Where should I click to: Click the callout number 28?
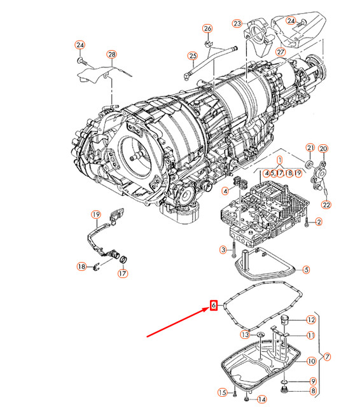pos(111,55)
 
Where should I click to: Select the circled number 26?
pos(207,29)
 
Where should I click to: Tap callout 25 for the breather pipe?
pos(193,56)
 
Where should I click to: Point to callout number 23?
pos(237,24)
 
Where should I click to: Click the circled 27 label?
pos(280,52)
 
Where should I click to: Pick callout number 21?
pos(310,148)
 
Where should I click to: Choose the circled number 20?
pos(323,149)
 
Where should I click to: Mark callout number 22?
pos(326,205)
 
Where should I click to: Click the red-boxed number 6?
pos(213,305)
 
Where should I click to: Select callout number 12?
pos(311,320)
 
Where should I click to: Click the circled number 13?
pos(246,335)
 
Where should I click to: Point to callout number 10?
pos(311,361)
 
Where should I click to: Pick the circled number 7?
pos(327,357)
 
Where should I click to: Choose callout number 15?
pos(223,392)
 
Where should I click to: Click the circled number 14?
pos(262,399)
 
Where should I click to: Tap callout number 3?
pos(223,250)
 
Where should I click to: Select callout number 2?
pos(319,222)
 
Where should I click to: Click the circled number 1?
pos(279,160)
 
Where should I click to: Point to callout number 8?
pos(314,390)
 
